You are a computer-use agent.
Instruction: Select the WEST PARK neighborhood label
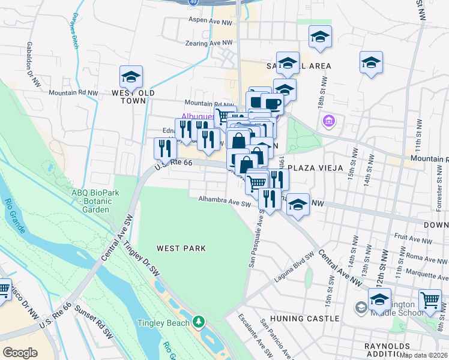tap(181, 248)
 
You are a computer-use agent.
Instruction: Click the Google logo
tap(20, 353)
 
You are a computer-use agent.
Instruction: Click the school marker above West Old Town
tap(131, 77)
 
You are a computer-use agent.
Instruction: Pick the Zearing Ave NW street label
tap(209, 43)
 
